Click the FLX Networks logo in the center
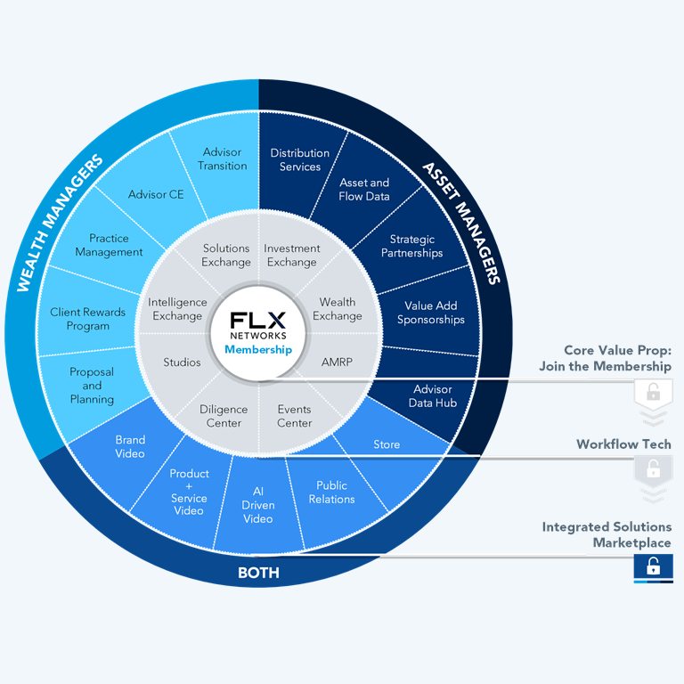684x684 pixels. coord(258,325)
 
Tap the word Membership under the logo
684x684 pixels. coord(258,350)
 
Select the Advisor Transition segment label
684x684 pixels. coord(223,159)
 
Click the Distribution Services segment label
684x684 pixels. coord(300,160)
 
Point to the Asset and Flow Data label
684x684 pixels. coord(364,190)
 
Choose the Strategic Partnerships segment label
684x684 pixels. coord(411,247)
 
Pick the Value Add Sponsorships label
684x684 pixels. coord(431,313)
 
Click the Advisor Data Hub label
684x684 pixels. coord(433,396)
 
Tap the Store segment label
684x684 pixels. coord(387,444)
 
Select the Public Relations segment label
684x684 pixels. coord(330,493)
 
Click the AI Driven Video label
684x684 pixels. coord(258,505)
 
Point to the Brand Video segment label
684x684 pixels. coord(130,446)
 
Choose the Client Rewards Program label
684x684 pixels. coord(87,319)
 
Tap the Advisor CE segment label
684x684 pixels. coord(156,194)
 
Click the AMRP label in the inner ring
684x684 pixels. coord(338,362)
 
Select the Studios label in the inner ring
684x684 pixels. coord(182,362)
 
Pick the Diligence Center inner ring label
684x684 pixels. coord(224,416)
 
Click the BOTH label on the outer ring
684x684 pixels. coord(258,573)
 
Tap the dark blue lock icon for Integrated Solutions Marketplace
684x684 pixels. coord(653,566)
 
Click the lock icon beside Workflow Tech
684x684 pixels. coord(653,468)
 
